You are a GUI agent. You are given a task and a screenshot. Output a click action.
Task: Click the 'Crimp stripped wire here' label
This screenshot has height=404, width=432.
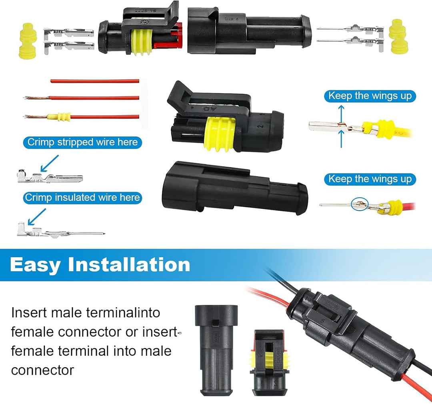coord(82,142)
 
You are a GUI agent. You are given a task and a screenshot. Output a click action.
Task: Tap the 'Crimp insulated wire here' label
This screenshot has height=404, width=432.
coord(82,198)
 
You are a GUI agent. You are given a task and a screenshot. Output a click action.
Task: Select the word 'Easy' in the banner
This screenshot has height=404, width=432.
coord(34,265)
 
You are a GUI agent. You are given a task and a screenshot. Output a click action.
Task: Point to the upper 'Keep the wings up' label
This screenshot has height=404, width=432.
coord(370,96)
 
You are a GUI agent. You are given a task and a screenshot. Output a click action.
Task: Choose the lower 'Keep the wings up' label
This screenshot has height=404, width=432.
coord(370,179)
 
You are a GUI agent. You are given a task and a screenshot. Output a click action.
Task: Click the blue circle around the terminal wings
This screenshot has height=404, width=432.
coord(358,204)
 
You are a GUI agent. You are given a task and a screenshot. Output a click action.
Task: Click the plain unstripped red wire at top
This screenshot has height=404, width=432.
coord(94,81)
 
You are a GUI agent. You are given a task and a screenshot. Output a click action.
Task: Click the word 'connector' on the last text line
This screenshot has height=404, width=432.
coord(42,370)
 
